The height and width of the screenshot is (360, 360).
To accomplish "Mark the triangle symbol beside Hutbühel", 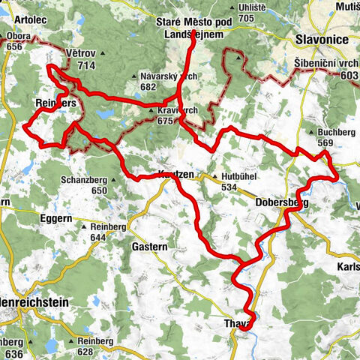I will tap(214, 178).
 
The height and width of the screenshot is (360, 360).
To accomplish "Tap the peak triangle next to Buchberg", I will tap(309, 134).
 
